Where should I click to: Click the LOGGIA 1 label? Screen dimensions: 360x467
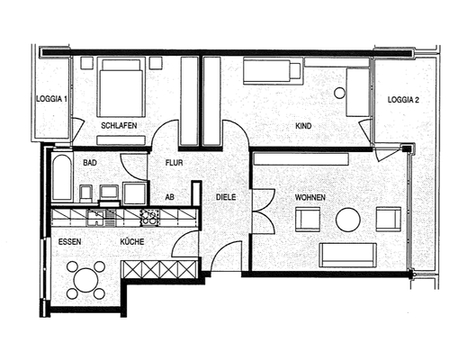pos(50,98)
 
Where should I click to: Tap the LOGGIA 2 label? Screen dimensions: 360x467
pos(403,100)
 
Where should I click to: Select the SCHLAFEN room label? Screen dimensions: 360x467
pos(119,126)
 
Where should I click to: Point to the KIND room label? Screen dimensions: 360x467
pos(303,126)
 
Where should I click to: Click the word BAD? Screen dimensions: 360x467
pos(90,163)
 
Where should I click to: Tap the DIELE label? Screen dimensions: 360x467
pos(226,196)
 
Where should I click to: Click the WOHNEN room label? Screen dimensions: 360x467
pos(310,196)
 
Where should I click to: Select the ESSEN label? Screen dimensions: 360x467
pos(70,242)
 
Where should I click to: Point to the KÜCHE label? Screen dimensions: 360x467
pos(131,242)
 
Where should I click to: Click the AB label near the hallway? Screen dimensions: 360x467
pos(169,196)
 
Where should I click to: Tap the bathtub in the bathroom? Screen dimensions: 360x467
pos(61,177)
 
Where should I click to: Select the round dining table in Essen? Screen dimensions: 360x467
pos(87,280)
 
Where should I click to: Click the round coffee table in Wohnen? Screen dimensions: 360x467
pos(348,220)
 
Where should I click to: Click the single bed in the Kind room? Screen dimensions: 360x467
pos(273,71)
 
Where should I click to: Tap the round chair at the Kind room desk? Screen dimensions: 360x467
pos(340,93)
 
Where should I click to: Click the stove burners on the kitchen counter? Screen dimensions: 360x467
pos(149,217)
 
